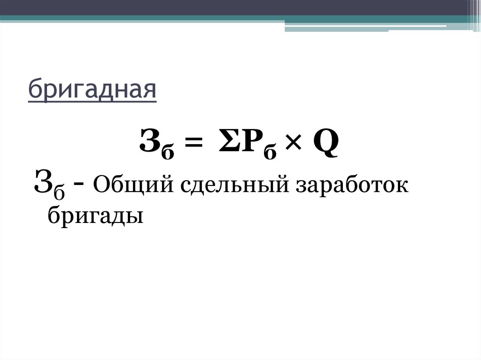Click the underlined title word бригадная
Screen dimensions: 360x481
[92, 90]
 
